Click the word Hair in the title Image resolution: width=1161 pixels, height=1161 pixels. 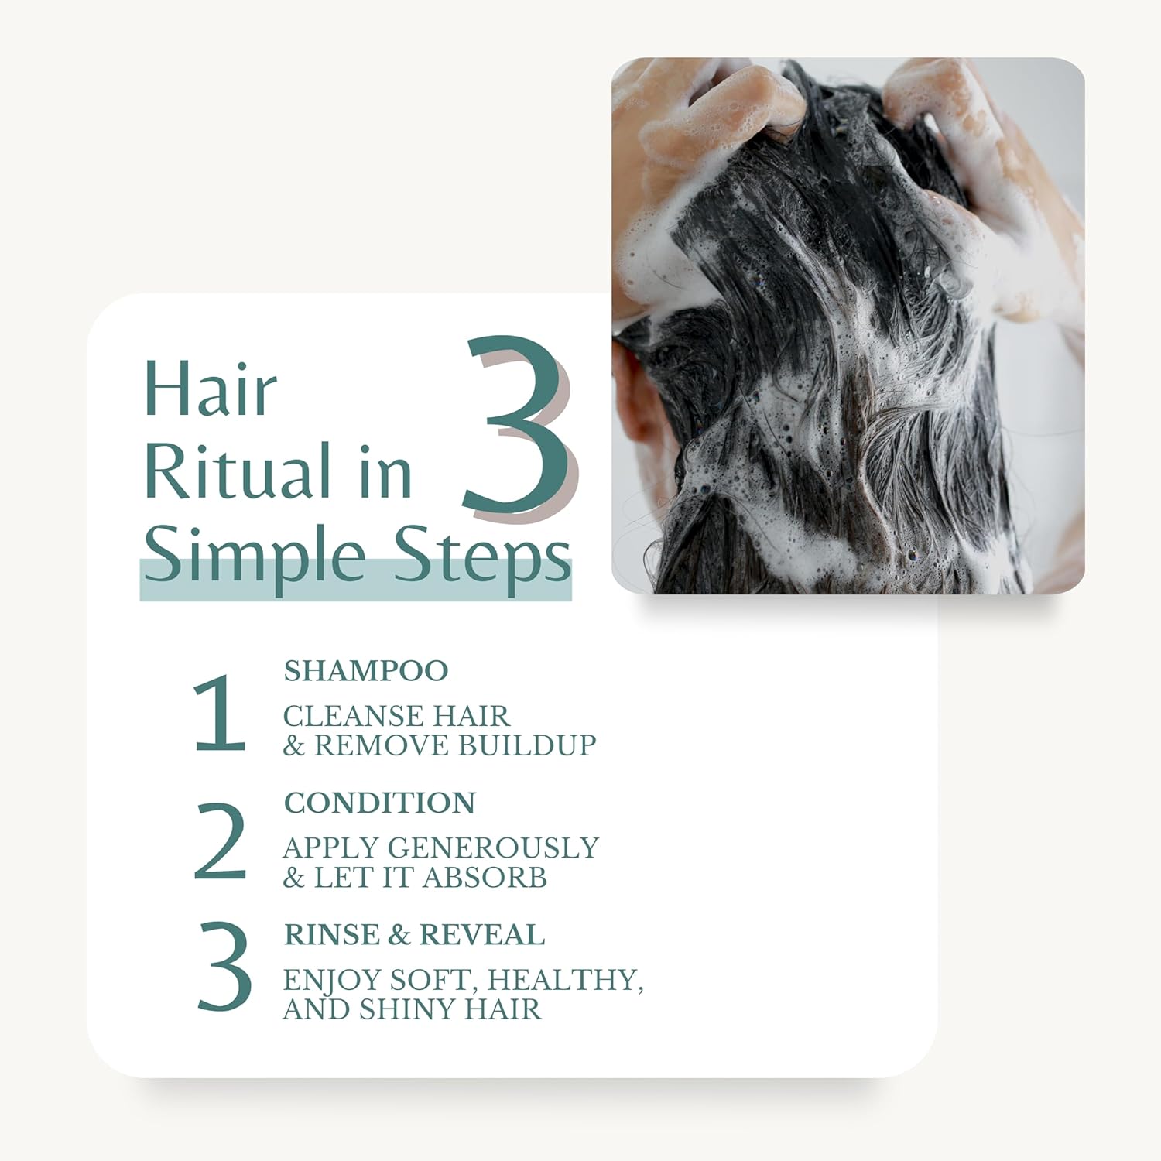click(211, 389)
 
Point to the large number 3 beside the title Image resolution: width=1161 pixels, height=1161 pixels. click(517, 428)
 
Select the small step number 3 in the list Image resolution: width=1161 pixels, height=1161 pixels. click(224, 967)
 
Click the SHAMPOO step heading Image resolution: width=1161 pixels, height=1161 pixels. click(365, 671)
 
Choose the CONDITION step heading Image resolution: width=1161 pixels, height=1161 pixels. click(379, 803)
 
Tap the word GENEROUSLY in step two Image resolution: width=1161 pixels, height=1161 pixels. click(493, 848)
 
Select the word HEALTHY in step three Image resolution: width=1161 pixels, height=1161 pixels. click(565, 980)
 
